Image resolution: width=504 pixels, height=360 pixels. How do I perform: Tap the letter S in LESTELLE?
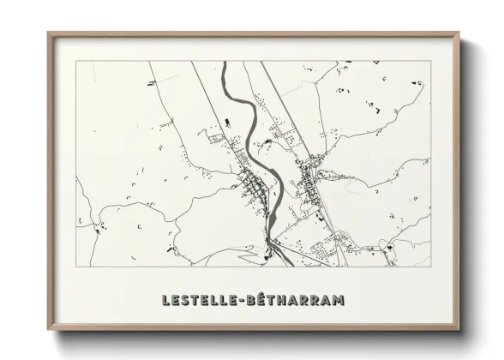click(x=187, y=300)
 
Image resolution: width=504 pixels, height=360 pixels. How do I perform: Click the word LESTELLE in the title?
click(x=200, y=300)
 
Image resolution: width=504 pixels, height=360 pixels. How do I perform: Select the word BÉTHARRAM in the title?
click(x=296, y=300)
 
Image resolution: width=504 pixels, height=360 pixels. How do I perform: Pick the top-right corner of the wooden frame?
click(x=459, y=33)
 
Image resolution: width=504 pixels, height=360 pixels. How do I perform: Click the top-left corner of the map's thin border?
click(x=76, y=61)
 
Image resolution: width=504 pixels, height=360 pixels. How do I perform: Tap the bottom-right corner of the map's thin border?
click(x=431, y=267)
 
